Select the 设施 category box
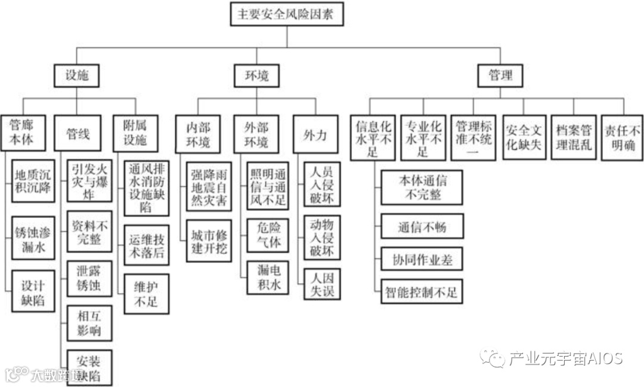click(x=76, y=76)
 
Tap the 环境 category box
click(x=258, y=76)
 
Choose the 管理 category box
click(x=500, y=76)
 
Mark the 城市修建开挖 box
click(x=209, y=241)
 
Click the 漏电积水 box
click(x=268, y=277)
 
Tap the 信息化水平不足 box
click(x=373, y=137)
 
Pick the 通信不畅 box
click(x=422, y=227)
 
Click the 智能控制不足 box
click(x=422, y=293)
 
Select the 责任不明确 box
click(x=621, y=137)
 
